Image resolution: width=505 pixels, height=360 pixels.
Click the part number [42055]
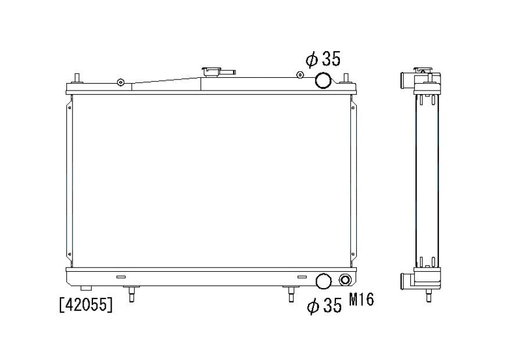coord(86,304)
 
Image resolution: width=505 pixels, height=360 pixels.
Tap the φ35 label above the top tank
coord(323,60)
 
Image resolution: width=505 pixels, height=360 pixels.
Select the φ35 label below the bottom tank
coord(324,305)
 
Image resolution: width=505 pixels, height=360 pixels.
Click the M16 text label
coord(361,300)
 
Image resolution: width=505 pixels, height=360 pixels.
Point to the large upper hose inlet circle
coord(323,81)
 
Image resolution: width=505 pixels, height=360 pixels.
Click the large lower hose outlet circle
coord(324,281)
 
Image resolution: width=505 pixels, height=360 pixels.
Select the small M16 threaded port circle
coord(345,280)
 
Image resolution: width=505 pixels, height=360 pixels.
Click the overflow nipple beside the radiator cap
coord(228,72)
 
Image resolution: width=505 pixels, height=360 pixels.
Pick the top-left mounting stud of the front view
coord(77,78)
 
